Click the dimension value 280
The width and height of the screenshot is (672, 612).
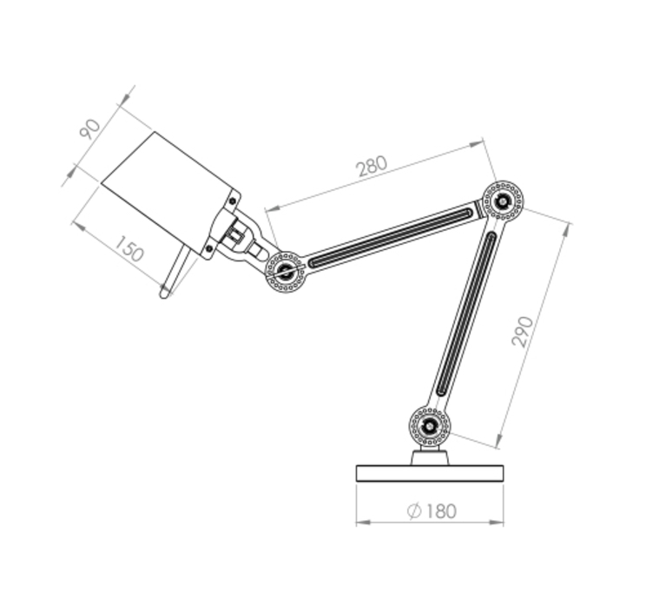click(372, 166)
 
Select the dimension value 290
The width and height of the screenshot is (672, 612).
click(523, 332)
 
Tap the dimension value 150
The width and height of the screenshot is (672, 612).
click(129, 248)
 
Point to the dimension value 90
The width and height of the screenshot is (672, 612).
click(90, 129)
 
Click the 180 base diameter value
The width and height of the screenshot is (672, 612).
click(441, 510)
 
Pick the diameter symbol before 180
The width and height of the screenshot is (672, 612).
click(414, 510)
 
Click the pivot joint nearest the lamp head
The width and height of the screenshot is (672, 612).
click(285, 272)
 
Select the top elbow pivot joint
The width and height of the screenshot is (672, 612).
click(503, 201)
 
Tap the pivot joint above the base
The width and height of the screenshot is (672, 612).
click(430, 426)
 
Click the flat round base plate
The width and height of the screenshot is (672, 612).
click(430, 474)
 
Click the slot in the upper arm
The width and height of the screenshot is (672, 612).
click(390, 238)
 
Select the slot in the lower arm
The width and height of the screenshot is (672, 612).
click(466, 313)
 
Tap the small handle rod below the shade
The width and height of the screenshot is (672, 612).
click(175, 272)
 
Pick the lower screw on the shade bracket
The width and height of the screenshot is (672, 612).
click(209, 248)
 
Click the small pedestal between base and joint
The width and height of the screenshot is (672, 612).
click(430, 457)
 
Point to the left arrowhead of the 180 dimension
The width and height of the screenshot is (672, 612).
click(363, 523)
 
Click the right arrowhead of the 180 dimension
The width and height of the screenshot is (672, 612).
click(497, 523)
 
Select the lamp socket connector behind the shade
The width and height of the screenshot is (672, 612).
click(236, 234)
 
